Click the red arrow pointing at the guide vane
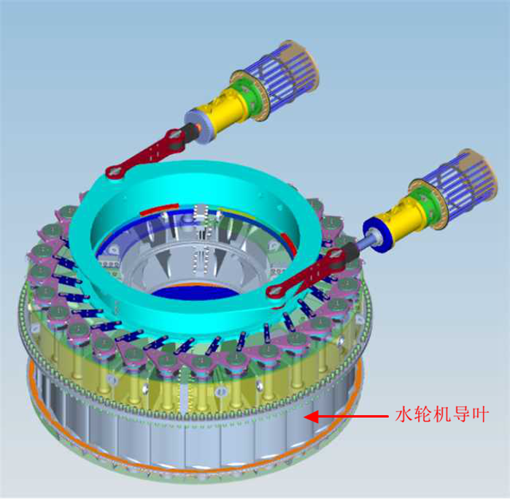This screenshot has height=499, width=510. [x=346, y=416]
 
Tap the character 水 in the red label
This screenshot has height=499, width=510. [x=405, y=415]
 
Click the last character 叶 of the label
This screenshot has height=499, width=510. [x=480, y=415]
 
